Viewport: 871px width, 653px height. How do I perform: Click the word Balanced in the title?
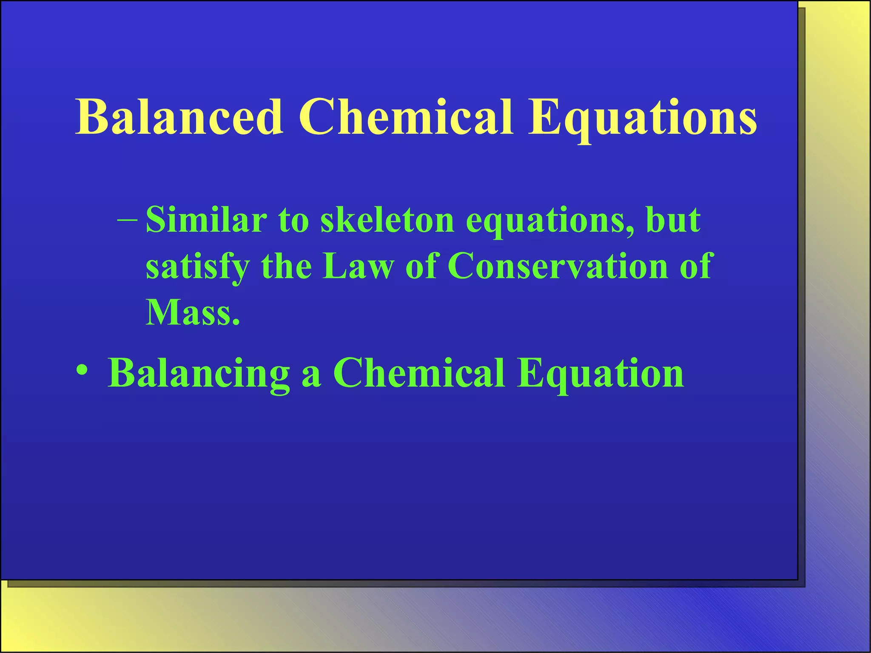tap(179, 116)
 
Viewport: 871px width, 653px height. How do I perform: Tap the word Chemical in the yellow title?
tap(406, 116)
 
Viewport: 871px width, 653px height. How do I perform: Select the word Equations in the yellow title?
tap(642, 119)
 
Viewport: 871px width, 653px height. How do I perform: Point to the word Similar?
tap(206, 220)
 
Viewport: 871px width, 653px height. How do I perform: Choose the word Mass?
tap(193, 312)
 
